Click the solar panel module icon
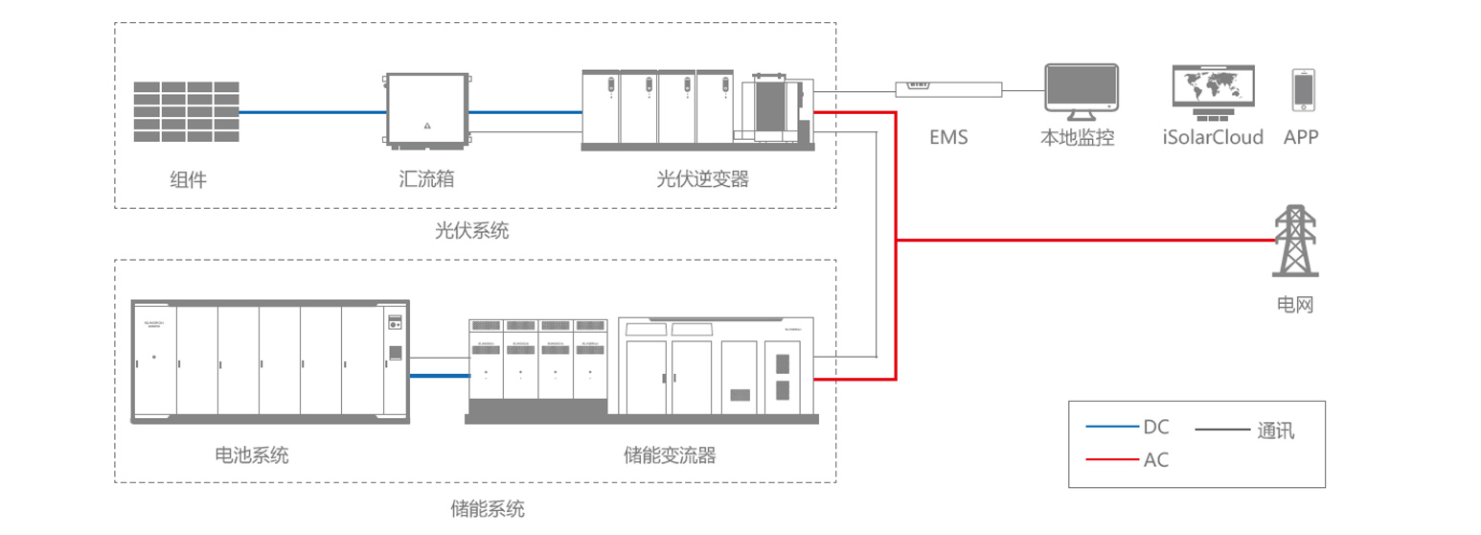point(186,112)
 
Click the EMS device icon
point(948,88)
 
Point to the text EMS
point(948,137)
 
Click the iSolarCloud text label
point(1213,137)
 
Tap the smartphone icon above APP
point(1302,90)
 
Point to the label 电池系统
point(252,454)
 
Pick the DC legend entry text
point(1156,427)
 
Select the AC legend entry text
point(1156,460)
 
